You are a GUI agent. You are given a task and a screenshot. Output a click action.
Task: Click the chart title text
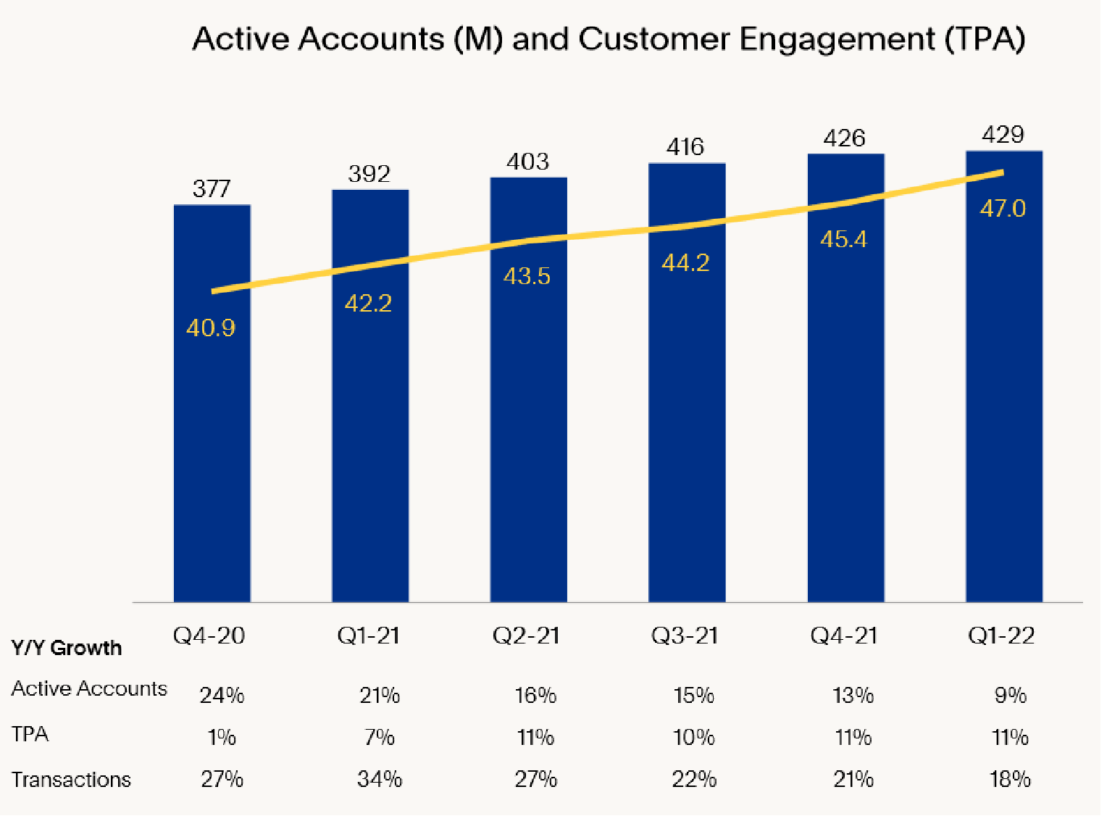[x=609, y=39]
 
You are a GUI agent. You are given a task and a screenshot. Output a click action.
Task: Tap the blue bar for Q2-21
[x=529, y=435]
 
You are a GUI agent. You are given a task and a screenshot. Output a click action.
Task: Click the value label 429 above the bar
[x=1003, y=135]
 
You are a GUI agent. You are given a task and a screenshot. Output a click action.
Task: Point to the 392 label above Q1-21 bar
[x=369, y=174]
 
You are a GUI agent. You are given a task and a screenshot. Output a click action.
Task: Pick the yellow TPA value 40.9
[x=211, y=328]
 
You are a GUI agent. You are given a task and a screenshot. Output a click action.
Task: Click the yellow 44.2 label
[x=685, y=262]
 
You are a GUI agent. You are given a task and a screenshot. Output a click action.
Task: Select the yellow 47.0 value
[x=1003, y=209]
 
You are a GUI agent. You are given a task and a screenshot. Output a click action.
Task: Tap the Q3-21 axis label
[x=685, y=636]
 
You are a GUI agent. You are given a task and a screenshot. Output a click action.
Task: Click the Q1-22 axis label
[x=1001, y=636]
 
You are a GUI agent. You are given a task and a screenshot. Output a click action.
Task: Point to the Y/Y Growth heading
[x=67, y=648]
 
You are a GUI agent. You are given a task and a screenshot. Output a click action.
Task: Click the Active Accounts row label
[x=89, y=688]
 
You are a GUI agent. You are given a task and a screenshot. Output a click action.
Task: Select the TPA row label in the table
[x=30, y=734]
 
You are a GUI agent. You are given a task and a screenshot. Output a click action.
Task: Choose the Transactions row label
[x=71, y=780]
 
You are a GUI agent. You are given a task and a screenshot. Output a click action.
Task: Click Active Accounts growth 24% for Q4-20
[x=222, y=696]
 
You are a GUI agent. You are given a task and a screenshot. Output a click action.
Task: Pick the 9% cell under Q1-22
[x=1010, y=696]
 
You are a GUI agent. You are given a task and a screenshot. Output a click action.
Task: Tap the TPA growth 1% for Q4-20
[x=222, y=738]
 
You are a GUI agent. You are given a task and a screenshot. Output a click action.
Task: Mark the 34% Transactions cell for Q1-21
[x=380, y=780]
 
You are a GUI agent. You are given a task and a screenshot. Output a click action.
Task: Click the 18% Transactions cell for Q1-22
[x=1010, y=780]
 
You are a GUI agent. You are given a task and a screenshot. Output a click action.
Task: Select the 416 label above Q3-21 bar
[x=685, y=147]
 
